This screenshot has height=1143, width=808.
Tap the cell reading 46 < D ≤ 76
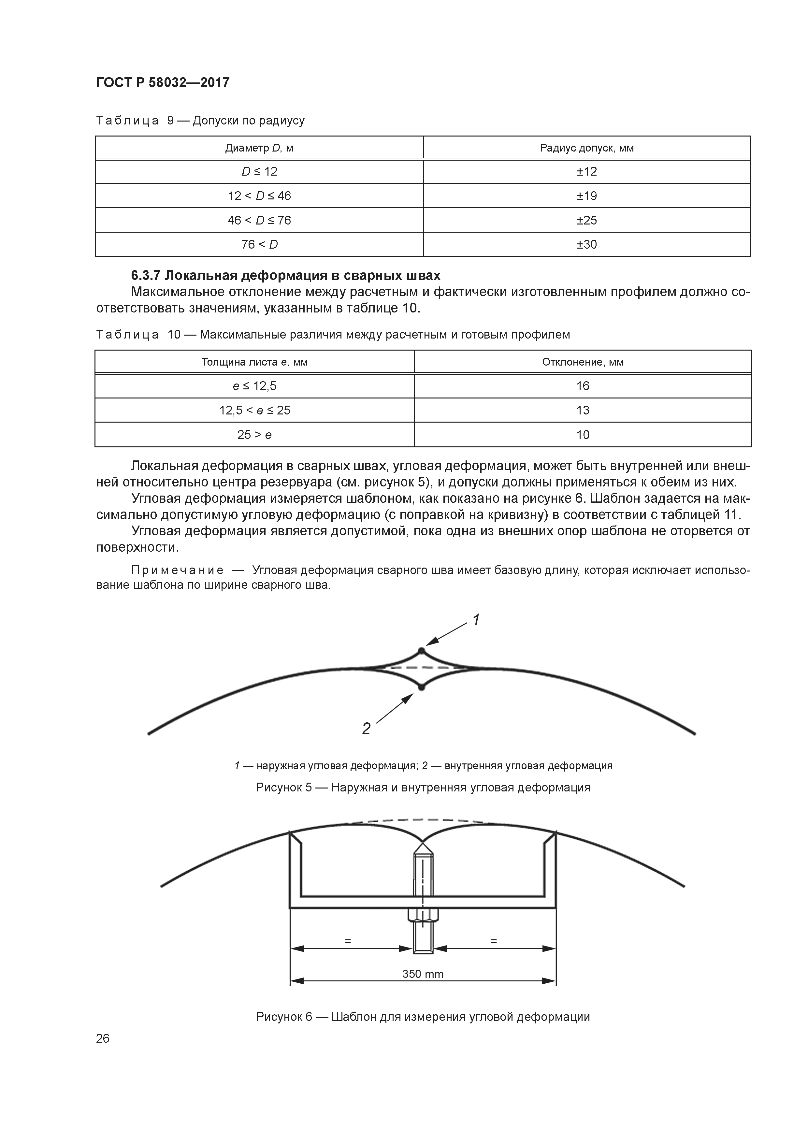click(259, 220)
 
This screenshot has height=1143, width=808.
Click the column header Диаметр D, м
click(259, 148)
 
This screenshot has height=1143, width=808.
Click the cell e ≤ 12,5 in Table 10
click(254, 386)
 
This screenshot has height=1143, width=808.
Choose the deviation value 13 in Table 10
click(583, 410)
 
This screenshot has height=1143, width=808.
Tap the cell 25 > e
click(254, 435)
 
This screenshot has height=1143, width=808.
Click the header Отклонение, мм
click(583, 362)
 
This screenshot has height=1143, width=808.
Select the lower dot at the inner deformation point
click(421, 687)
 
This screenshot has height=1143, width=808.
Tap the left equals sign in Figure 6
click(348, 941)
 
